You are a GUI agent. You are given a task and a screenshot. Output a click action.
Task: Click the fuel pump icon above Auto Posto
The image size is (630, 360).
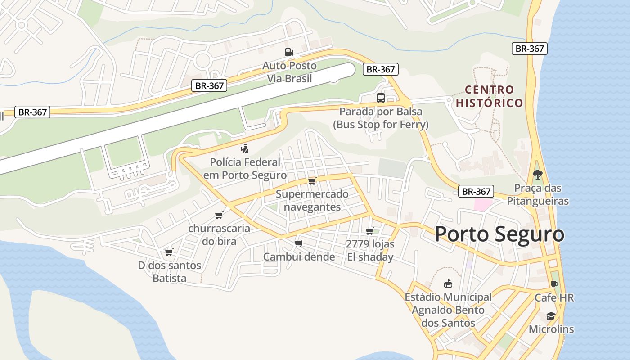(x=289, y=52)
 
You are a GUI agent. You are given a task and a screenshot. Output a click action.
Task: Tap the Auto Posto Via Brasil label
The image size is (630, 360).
(x=290, y=72)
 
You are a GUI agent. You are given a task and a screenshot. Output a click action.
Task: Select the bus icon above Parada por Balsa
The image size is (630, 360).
(x=381, y=98)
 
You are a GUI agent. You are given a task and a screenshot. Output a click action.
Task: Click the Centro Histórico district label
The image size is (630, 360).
(x=489, y=96)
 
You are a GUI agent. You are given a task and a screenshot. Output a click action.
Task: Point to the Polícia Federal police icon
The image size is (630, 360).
(x=244, y=148)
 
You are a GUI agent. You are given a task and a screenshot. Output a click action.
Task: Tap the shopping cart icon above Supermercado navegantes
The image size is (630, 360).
(x=312, y=181)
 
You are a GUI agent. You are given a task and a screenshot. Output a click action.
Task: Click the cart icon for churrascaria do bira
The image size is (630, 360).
(x=219, y=215)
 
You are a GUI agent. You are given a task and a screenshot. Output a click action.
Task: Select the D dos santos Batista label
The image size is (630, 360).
(x=170, y=272)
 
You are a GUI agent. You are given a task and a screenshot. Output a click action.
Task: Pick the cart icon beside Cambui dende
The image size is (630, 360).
(x=298, y=244)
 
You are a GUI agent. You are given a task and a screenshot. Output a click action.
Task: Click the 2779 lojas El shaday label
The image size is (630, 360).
(x=370, y=251)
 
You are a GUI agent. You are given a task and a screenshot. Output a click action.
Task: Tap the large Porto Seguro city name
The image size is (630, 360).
(x=499, y=234)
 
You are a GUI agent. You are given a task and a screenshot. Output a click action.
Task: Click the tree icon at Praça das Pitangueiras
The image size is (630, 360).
(x=537, y=174)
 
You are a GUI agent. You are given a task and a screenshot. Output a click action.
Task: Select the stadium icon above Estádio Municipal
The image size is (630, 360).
(x=448, y=284)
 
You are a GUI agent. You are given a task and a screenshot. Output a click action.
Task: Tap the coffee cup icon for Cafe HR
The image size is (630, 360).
(x=554, y=284)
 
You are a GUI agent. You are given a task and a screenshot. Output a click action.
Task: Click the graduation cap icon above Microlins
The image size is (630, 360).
(x=551, y=316)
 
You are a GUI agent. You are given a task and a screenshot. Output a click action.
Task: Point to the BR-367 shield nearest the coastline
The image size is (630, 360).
(x=530, y=49)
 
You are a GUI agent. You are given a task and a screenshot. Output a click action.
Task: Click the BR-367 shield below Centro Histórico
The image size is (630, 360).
(x=476, y=191)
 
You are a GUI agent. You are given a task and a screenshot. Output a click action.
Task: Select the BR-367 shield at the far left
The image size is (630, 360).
(x=32, y=112)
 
